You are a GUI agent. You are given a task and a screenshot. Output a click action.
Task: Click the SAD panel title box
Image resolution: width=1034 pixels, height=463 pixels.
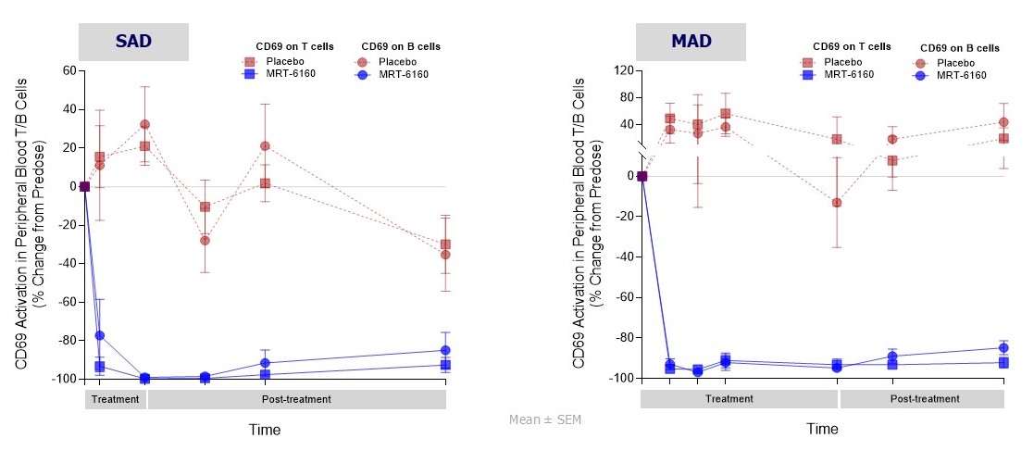click(133, 42)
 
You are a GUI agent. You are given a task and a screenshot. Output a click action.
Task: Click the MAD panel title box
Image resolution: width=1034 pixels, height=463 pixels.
click(690, 42)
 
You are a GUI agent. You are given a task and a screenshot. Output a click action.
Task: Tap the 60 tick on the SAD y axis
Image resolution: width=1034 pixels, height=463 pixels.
click(67, 70)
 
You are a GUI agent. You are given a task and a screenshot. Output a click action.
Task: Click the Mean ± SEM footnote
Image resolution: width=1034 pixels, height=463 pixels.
click(545, 419)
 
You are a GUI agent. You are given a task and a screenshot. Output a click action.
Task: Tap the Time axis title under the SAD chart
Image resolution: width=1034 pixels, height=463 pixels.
click(264, 430)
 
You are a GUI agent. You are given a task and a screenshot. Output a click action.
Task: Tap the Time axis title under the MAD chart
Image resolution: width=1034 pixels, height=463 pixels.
click(822, 430)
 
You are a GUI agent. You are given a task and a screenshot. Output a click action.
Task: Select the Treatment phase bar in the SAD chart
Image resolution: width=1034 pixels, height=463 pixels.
click(116, 399)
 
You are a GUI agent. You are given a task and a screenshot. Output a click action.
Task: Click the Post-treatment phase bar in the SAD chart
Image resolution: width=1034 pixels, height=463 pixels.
click(297, 399)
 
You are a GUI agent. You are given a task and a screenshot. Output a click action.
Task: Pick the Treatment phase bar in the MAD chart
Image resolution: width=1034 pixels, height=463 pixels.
click(739, 399)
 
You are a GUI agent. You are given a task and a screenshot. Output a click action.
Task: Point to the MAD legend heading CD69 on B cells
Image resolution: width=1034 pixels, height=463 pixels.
click(960, 47)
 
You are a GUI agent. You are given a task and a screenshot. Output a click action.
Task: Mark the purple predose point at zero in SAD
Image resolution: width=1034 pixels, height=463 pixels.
click(84, 186)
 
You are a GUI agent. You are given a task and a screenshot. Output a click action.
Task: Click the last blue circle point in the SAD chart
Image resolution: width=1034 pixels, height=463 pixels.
click(446, 350)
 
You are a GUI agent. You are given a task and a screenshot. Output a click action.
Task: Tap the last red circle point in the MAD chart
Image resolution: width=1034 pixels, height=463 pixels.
click(1003, 122)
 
